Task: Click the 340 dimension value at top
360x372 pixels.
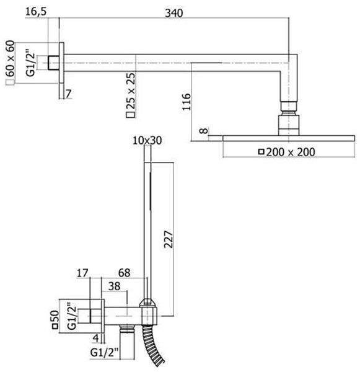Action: (x=174, y=13)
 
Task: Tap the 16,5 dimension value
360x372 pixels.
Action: (x=36, y=11)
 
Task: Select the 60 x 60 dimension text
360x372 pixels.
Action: (x=10, y=59)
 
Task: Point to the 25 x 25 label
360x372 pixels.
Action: (x=131, y=91)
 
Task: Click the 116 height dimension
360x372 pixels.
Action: (x=187, y=102)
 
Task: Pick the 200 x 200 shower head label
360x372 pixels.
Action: (x=291, y=152)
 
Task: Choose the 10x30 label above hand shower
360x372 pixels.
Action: (x=147, y=140)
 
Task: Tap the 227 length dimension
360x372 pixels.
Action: (x=169, y=239)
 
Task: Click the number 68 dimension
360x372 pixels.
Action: (x=125, y=273)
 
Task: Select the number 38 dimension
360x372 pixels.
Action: (x=114, y=286)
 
